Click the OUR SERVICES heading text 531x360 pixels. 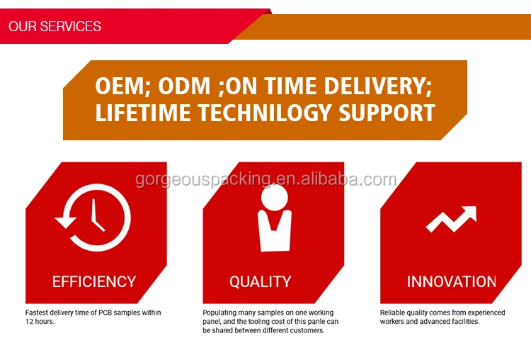[55, 26]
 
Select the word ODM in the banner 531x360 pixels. [184, 86]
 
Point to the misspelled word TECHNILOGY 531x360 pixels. [264, 113]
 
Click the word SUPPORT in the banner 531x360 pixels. [387, 113]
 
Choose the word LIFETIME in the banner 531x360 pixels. [142, 113]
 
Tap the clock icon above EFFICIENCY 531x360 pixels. [93, 218]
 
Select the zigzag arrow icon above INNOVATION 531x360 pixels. [451, 219]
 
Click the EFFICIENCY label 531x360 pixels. [94, 282]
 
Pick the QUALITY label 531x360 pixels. [260, 282]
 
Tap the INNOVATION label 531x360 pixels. [452, 282]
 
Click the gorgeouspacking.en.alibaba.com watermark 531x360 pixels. [265, 179]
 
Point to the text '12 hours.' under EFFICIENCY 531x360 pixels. [40, 321]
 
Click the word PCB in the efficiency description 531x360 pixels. [105, 313]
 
